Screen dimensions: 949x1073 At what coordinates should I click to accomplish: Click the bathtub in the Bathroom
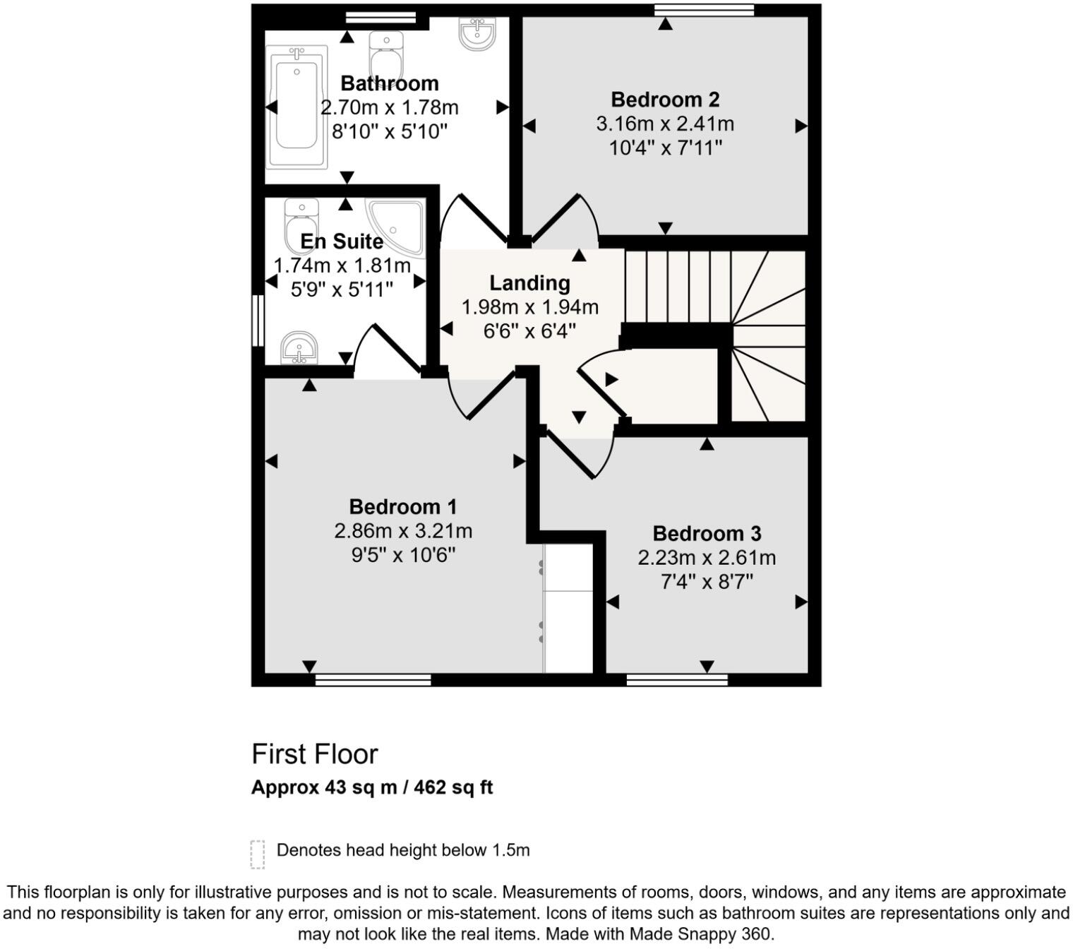(x=296, y=107)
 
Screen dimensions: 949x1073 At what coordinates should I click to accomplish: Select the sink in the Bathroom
(x=477, y=32)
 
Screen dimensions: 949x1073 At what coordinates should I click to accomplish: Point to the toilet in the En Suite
(x=301, y=222)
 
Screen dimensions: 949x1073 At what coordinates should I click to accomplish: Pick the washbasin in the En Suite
(x=299, y=348)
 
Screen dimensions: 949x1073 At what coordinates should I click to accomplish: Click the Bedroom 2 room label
(x=664, y=100)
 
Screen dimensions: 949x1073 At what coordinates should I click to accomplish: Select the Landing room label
(x=529, y=283)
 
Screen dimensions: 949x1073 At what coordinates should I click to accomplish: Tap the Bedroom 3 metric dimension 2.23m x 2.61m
(x=707, y=558)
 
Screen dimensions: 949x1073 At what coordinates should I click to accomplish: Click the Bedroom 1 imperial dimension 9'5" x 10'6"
(x=403, y=555)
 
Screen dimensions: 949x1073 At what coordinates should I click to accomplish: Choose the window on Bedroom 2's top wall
(x=704, y=10)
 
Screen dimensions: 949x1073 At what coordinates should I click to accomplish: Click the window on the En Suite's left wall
(x=258, y=321)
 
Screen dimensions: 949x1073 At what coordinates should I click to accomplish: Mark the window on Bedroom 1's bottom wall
(x=373, y=680)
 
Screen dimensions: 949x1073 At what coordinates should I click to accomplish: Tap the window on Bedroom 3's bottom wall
(x=677, y=680)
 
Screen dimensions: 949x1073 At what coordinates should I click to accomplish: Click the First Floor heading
(x=315, y=754)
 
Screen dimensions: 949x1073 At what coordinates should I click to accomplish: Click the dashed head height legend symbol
(x=258, y=854)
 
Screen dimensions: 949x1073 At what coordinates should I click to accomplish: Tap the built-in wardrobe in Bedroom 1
(x=568, y=608)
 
